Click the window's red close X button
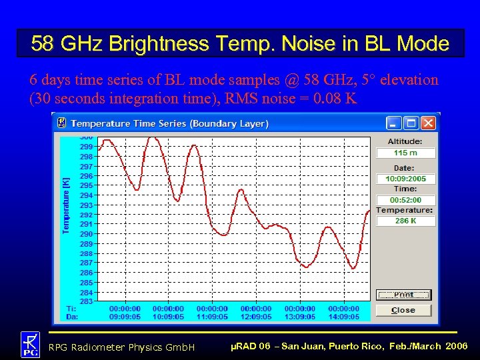428,123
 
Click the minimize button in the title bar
395,123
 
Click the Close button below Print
403,310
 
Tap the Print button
403,295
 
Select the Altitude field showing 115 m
405,153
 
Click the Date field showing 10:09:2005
405,179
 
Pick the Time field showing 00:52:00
405,200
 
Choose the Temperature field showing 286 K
405,221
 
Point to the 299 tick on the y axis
87,147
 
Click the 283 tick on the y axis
87,302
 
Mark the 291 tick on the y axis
87,225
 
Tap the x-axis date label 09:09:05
125,317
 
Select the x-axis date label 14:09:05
343,317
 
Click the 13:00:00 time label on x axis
300,309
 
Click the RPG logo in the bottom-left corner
30,345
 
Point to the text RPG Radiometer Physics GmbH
121,347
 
